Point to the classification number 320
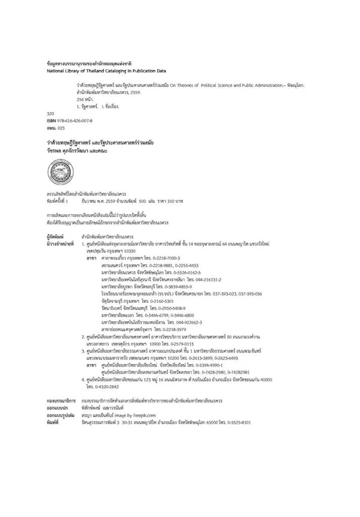50,114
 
